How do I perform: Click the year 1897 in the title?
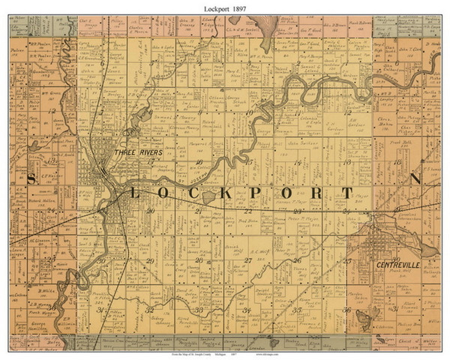pyautogui.click(x=240, y=7)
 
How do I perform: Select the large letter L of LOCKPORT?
pyautogui.click(x=135, y=194)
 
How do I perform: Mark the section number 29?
pyautogui.click(x=151, y=261)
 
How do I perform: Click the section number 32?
pyautogui.click(x=150, y=310)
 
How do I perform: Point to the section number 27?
pyautogui.click(x=247, y=260)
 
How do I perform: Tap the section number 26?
pyautogui.click(x=297, y=260)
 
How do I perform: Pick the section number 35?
pyautogui.click(x=297, y=309)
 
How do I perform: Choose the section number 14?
pyautogui.click(x=298, y=162)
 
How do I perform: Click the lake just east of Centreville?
pyautogui.click(x=428, y=250)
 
